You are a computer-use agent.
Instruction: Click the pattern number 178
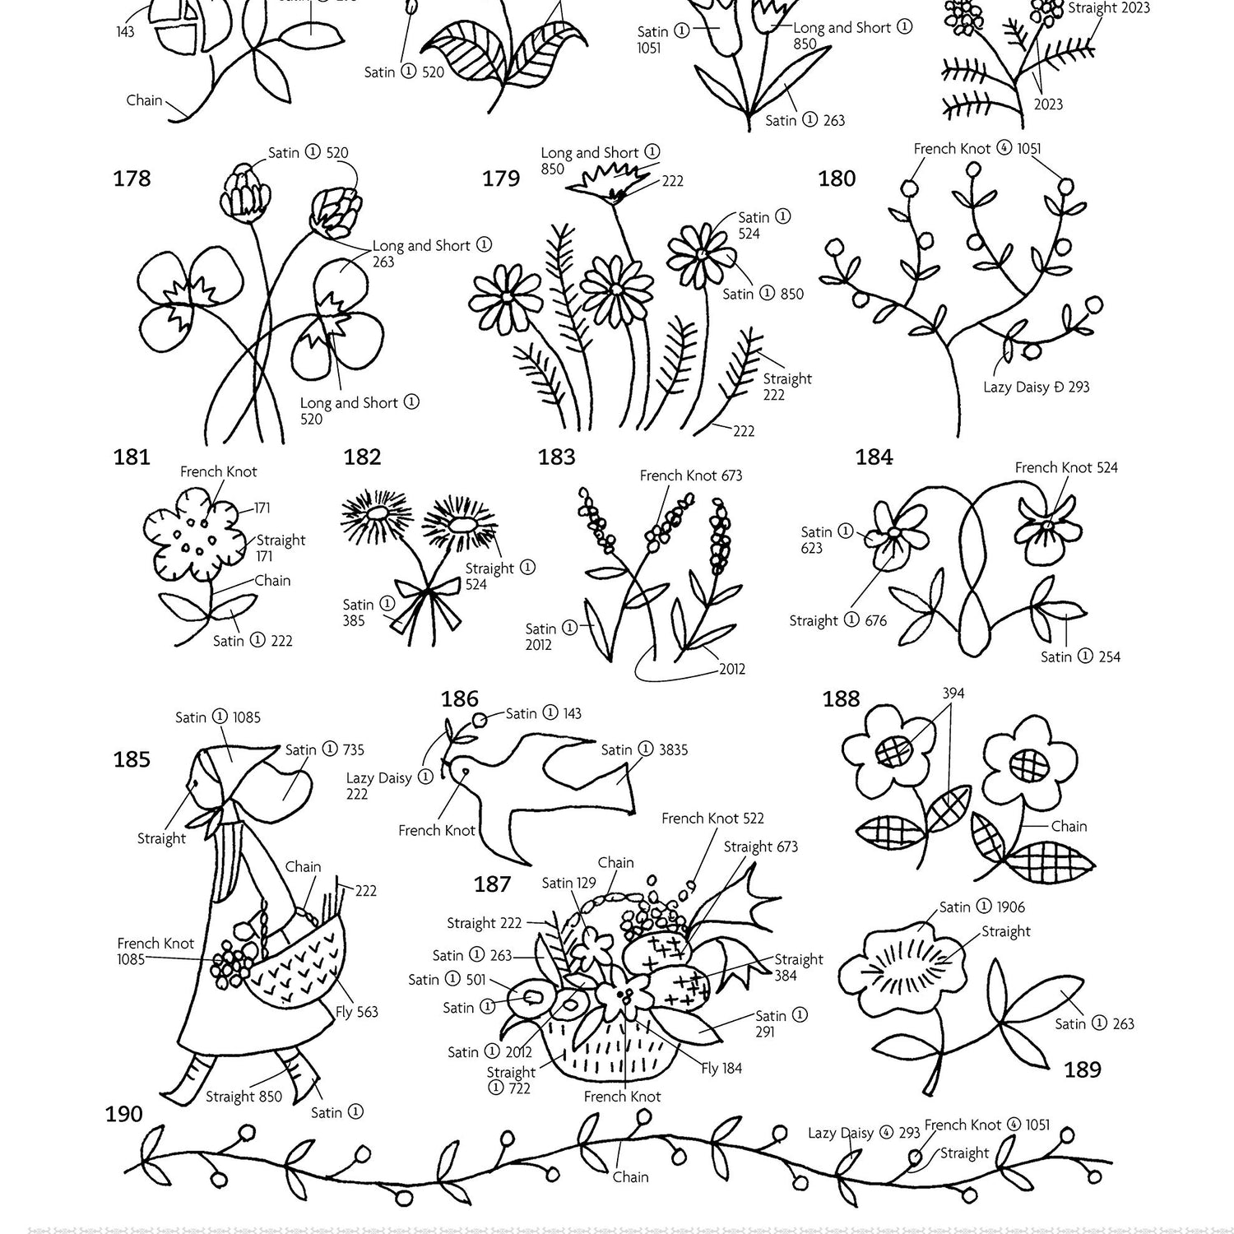point(132,179)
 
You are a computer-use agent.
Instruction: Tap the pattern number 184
point(874,457)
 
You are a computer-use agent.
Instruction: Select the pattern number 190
point(123,1114)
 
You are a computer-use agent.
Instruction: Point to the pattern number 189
point(1082,1069)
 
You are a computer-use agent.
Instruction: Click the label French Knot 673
point(691,476)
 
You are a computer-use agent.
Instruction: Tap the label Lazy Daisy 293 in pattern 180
point(1037,387)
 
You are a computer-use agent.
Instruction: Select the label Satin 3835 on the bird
point(644,749)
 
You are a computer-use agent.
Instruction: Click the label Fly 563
point(356,1012)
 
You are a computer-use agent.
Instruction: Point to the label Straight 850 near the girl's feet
point(244,1097)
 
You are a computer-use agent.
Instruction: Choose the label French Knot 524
point(1066,467)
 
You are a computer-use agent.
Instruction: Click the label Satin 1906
point(982,907)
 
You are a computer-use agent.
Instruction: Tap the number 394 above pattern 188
point(953,694)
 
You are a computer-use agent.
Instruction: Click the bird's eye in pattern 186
point(466,772)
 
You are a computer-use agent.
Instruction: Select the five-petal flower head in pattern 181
point(194,534)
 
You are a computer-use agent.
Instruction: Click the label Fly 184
point(721,1069)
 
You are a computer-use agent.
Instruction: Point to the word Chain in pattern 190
point(630,1177)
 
